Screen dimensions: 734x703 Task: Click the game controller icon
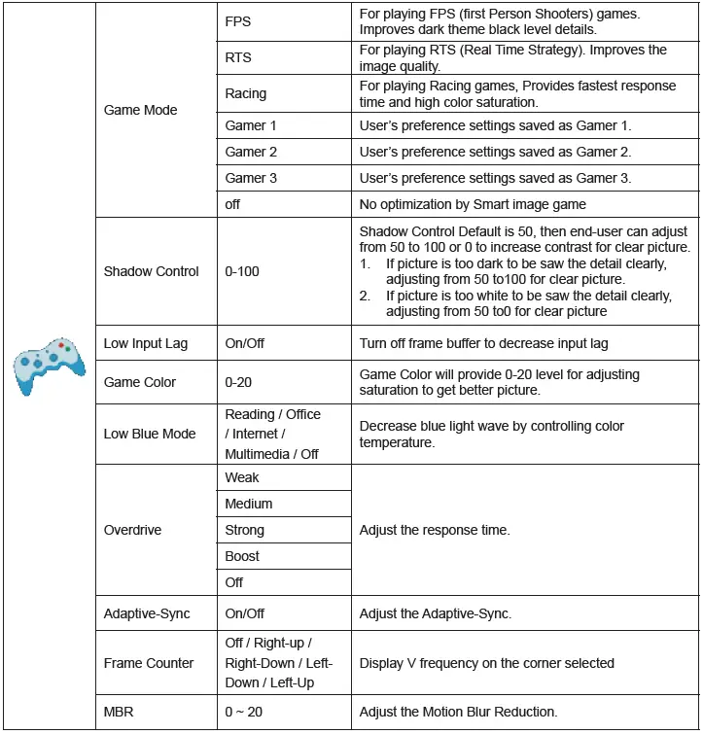tap(48, 367)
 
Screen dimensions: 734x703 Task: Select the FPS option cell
tap(238, 21)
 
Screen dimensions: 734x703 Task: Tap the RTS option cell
tap(238, 57)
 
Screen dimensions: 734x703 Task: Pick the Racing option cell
tap(245, 94)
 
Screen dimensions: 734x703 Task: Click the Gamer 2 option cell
tap(251, 152)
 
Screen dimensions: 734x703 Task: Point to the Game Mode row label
tap(140, 110)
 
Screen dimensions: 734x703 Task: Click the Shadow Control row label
tap(151, 271)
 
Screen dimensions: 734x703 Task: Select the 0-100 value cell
tap(242, 271)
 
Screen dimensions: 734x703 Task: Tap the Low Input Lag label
tap(146, 343)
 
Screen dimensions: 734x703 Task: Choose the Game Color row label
tap(140, 382)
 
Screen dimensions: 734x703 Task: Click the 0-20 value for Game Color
tap(238, 382)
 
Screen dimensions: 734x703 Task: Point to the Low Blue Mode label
tap(150, 434)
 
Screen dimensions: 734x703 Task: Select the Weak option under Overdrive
tap(242, 477)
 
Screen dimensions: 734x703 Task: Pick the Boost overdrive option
tap(242, 556)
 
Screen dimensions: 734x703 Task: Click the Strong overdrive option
tap(244, 530)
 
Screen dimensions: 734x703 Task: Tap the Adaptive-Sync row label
tap(147, 613)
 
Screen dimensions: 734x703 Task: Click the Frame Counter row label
tap(149, 663)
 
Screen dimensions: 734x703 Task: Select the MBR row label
tap(118, 712)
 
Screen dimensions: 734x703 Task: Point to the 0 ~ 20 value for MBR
tap(243, 712)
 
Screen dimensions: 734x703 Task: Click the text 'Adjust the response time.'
tap(434, 530)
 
